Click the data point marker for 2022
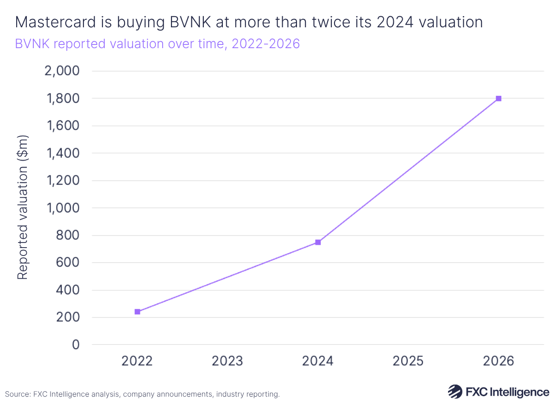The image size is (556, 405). click(x=137, y=312)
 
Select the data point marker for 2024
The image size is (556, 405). click(x=318, y=242)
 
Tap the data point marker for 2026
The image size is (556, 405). click(x=499, y=99)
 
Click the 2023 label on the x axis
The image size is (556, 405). click(x=227, y=361)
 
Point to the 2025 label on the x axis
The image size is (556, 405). click(x=408, y=361)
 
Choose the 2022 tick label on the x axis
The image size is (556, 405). click(x=137, y=361)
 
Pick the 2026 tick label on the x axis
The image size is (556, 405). click(x=499, y=361)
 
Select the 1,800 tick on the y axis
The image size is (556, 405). click(x=63, y=99)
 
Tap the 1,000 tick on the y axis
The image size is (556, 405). click(x=63, y=208)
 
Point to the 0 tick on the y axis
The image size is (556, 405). click(x=76, y=345)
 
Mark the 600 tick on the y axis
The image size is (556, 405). click(x=68, y=263)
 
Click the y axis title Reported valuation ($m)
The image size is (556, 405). click(x=23, y=207)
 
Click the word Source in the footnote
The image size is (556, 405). click(x=17, y=394)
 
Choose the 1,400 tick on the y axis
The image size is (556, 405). click(x=63, y=153)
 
